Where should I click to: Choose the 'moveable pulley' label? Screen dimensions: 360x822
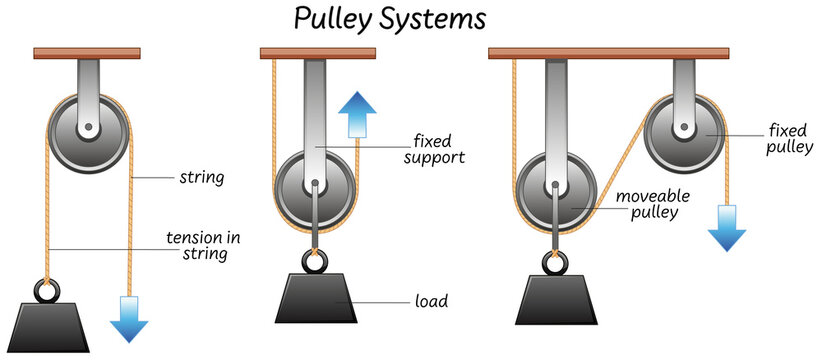(649, 204)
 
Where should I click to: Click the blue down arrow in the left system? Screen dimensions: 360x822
(129, 318)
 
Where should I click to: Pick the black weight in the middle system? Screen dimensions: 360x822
(316, 297)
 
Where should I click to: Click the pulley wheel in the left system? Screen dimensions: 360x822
(89, 130)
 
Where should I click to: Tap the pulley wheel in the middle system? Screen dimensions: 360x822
(315, 186)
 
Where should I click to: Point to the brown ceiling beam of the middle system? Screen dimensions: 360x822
(316, 52)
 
